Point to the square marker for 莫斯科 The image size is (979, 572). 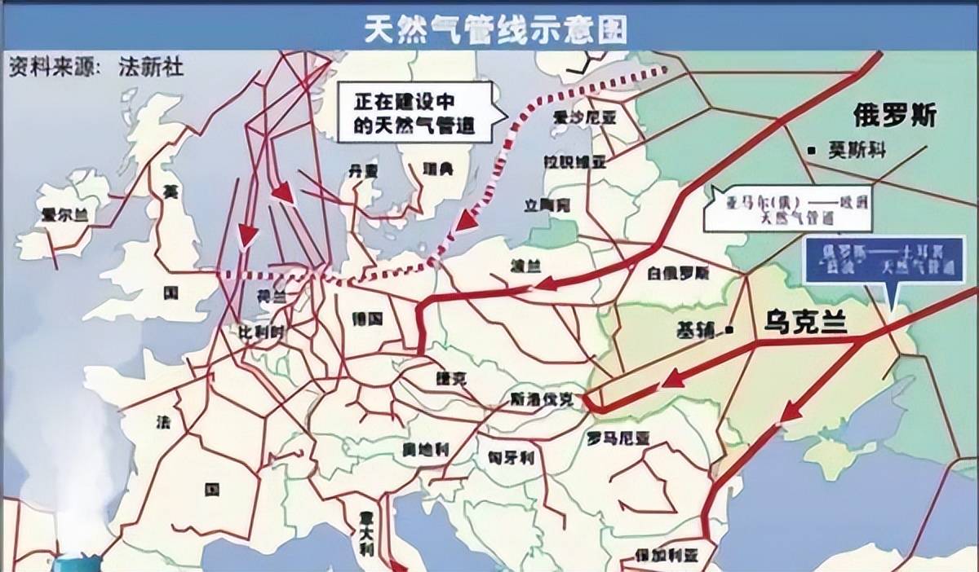point(811,150)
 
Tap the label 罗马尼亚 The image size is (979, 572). point(618,438)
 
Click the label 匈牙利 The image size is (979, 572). point(511,457)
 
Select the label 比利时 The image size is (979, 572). point(260,332)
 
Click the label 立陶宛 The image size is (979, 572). point(547,205)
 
